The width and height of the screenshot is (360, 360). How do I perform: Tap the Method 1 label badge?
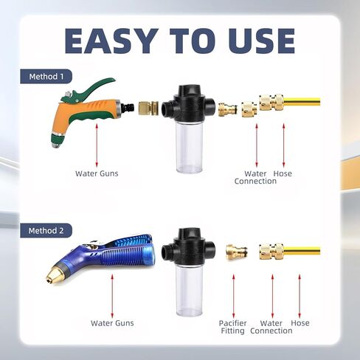[46, 77]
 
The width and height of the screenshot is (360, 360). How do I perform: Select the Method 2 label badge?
[46, 231]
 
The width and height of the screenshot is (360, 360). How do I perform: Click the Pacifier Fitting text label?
[232, 327]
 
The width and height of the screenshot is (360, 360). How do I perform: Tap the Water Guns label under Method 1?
[97, 173]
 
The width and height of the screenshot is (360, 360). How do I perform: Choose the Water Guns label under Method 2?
[112, 323]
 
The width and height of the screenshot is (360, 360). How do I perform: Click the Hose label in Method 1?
[283, 173]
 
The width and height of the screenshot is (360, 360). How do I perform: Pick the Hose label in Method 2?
[300, 323]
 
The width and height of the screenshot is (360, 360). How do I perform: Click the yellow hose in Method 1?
[302, 101]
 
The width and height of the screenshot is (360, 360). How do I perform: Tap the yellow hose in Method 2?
[302, 251]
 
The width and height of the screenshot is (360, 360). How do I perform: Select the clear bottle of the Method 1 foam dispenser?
[189, 147]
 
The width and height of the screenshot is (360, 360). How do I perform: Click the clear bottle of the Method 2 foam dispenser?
[189, 291]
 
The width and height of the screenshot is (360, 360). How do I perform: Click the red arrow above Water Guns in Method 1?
[97, 145]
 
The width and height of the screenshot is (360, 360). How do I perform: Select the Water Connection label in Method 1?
[255, 177]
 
